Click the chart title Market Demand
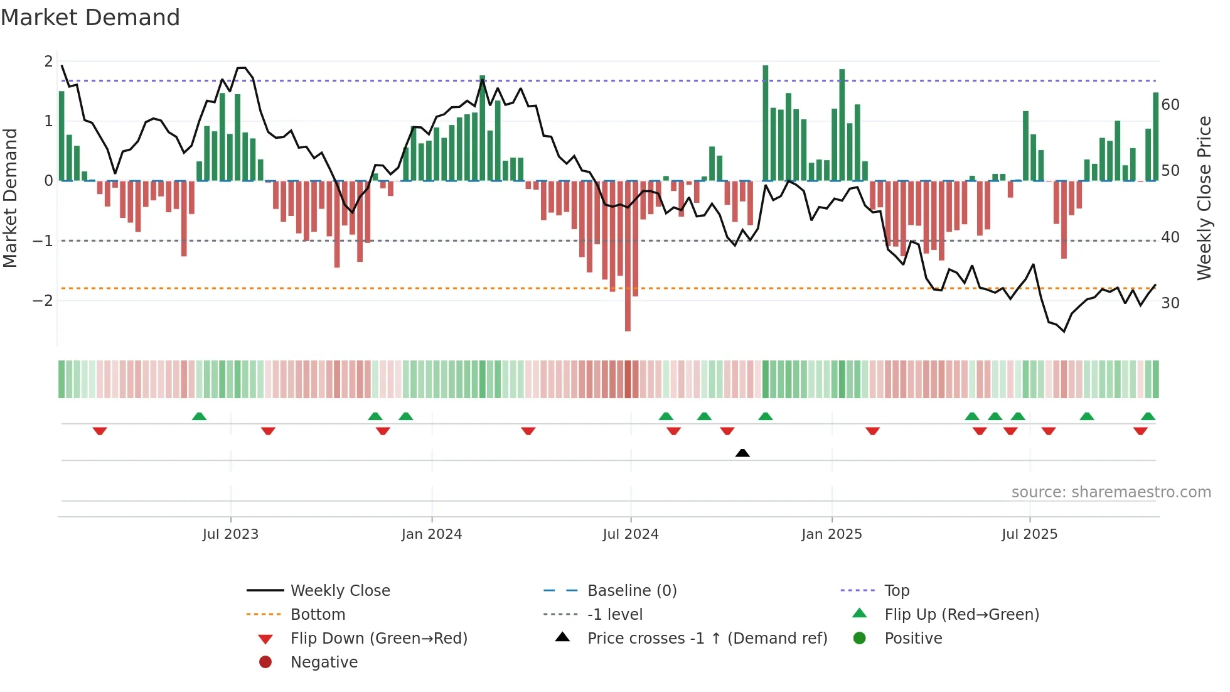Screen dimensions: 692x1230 [90, 18]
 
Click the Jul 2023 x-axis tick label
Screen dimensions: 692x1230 [230, 534]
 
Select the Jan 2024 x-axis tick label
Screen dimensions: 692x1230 [432, 534]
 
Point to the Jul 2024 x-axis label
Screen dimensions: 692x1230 [631, 534]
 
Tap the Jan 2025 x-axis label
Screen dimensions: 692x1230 [832, 534]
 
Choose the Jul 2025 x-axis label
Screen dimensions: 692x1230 [1029, 534]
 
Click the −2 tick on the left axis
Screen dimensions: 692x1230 [43, 301]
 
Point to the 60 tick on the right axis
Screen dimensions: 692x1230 [1170, 105]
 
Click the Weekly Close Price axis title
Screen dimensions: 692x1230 [1204, 198]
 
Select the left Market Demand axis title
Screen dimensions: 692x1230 [10, 198]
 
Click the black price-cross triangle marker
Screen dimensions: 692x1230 [742, 453]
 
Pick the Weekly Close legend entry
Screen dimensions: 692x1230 [340, 591]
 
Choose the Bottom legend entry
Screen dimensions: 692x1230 [318, 615]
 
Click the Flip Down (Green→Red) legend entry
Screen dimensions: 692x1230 [378, 639]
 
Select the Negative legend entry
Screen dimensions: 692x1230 [324, 662]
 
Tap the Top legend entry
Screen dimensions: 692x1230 [897, 591]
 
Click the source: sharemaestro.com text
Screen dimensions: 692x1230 [1111, 492]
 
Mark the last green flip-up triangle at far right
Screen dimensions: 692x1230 [1148, 416]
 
